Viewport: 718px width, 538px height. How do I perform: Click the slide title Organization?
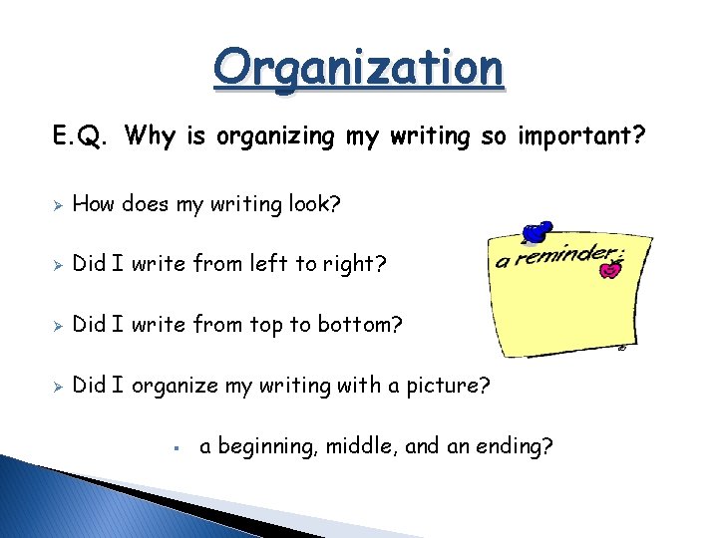tap(359, 68)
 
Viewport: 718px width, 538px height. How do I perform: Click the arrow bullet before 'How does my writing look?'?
tap(58, 205)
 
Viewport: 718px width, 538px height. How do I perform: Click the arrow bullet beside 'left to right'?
tap(58, 264)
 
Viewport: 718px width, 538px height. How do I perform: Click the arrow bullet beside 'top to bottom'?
tap(58, 324)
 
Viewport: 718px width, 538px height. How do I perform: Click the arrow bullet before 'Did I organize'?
tap(58, 385)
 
